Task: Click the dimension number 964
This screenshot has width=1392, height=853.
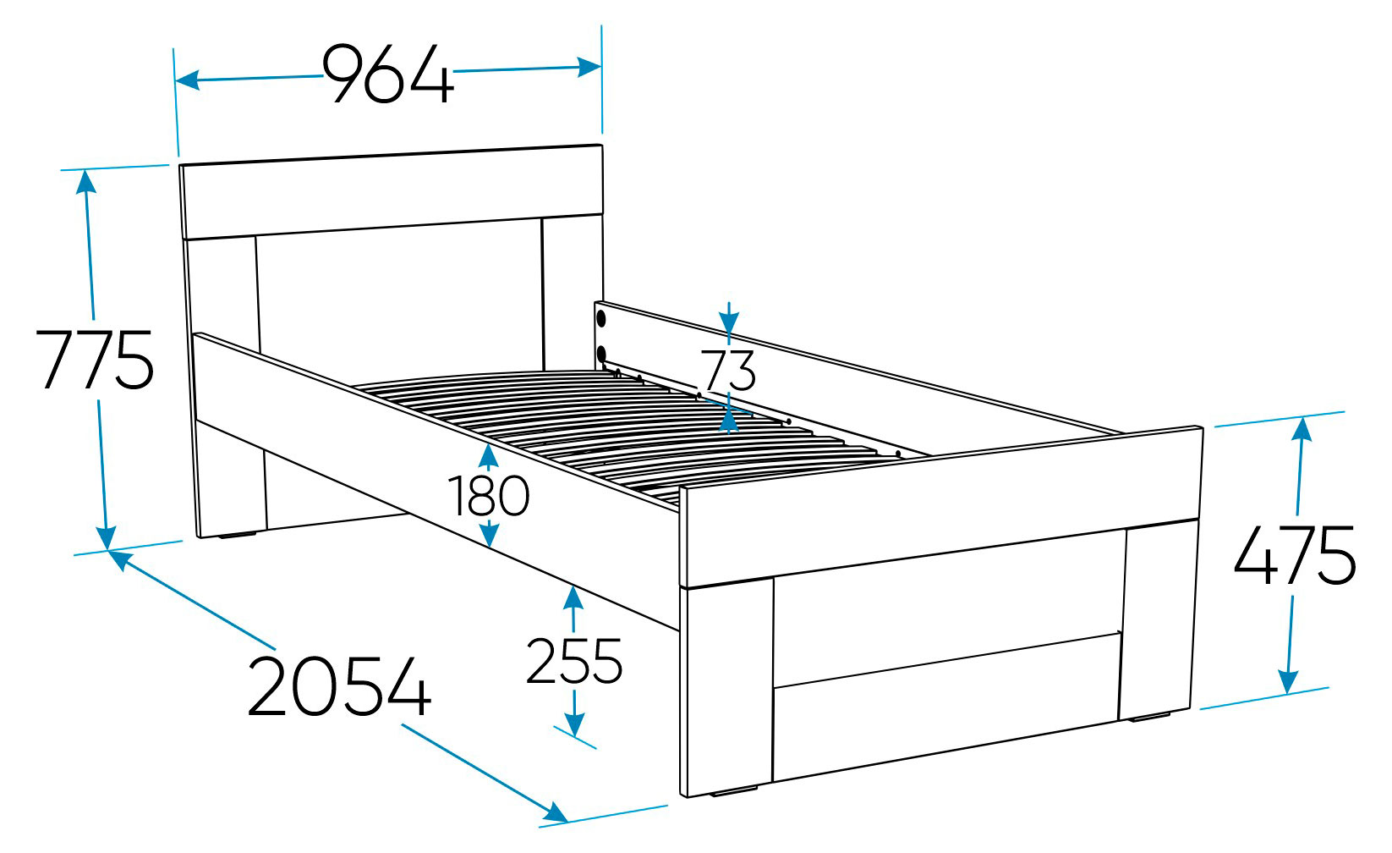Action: click(389, 74)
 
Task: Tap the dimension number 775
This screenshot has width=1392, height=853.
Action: click(95, 360)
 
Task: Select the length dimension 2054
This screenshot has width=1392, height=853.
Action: click(339, 687)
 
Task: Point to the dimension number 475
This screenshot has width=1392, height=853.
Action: click(1295, 555)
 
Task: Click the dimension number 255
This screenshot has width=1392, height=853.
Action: click(573, 661)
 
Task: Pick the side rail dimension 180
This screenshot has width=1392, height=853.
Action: click(489, 496)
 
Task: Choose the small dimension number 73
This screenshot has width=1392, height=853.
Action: click(727, 371)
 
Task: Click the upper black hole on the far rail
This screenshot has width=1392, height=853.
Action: click(601, 319)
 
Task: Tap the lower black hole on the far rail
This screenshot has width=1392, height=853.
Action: click(601, 355)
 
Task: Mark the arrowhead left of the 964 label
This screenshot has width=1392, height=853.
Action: click(188, 80)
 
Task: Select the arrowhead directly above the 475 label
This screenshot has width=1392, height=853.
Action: click(1302, 430)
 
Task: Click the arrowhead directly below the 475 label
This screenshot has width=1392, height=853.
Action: click(1288, 681)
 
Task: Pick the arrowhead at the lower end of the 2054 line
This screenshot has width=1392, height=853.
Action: click(555, 812)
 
